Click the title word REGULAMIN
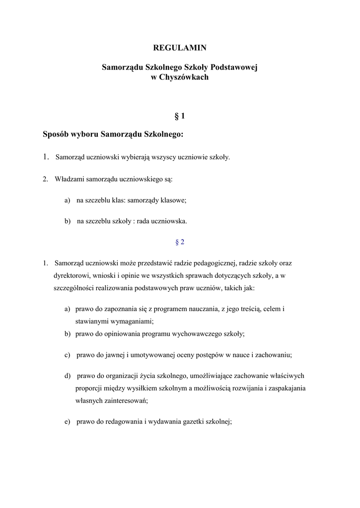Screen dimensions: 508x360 (x=180, y=48)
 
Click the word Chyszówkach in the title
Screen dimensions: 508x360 (x=184, y=77)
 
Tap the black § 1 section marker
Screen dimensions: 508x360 (x=180, y=116)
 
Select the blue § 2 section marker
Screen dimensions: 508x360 (x=180, y=242)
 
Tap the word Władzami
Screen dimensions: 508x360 (x=69, y=179)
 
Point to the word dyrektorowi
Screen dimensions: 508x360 (x=72, y=275)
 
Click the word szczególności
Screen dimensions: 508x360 (x=74, y=288)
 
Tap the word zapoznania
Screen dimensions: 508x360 (x=123, y=309)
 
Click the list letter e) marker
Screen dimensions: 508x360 (x=67, y=422)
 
